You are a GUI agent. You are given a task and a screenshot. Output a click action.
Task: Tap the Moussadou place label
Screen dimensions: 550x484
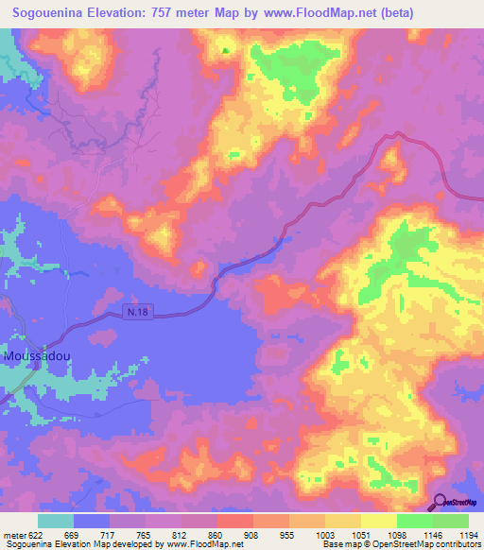pos(35,357)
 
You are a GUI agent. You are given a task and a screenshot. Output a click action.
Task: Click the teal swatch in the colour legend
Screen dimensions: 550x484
pos(56,522)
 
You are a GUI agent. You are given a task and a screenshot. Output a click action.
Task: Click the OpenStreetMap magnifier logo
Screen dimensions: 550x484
pos(441,502)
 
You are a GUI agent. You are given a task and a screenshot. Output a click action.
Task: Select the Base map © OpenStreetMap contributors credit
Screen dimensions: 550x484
pos(400,545)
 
